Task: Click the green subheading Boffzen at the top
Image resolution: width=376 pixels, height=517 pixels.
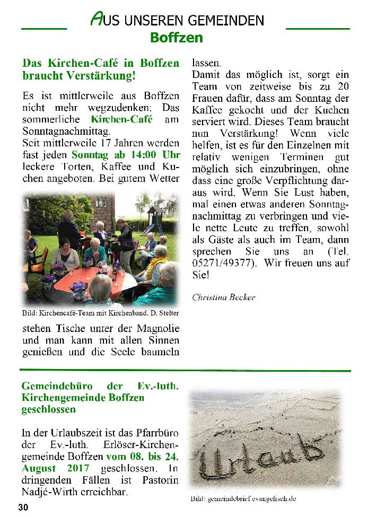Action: point(176,38)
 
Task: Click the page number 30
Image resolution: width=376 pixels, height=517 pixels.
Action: point(23,507)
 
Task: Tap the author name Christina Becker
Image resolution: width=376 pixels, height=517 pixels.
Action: point(223,297)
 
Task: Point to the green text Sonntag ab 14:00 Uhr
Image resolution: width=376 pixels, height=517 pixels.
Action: point(126,155)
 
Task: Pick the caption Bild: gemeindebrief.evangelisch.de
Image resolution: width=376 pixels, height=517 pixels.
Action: point(243,499)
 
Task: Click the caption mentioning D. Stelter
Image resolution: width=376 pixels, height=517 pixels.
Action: point(100,313)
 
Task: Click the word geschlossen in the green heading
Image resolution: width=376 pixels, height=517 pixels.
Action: point(48,409)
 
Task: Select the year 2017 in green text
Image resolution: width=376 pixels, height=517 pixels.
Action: point(74,469)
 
